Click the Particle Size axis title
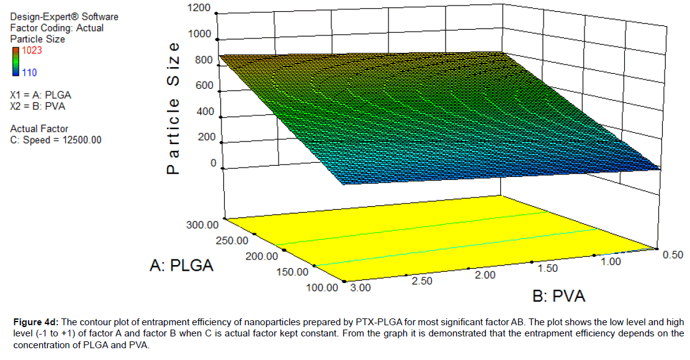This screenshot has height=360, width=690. click(174, 109)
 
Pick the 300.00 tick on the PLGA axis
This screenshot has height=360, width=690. click(202, 225)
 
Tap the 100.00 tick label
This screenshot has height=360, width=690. click(323, 287)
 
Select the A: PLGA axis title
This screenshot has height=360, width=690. click(182, 265)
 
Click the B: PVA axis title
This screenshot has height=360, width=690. click(559, 296)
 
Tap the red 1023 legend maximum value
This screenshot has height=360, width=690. click(32, 50)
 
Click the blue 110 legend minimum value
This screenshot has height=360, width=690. click(29, 73)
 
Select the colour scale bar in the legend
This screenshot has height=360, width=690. click(14, 61)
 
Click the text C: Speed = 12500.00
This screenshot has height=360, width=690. click(55, 140)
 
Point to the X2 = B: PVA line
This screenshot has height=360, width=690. click(38, 106)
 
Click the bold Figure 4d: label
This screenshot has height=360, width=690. click(36, 322)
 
